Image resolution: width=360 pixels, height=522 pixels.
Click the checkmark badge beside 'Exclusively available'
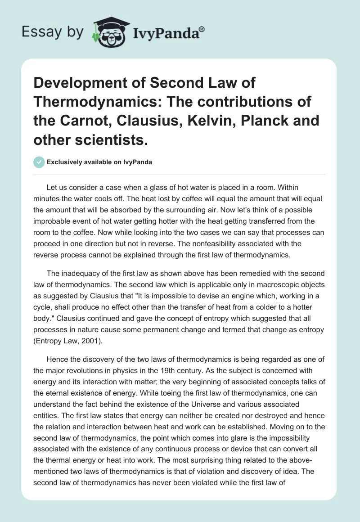(x=39, y=162)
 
